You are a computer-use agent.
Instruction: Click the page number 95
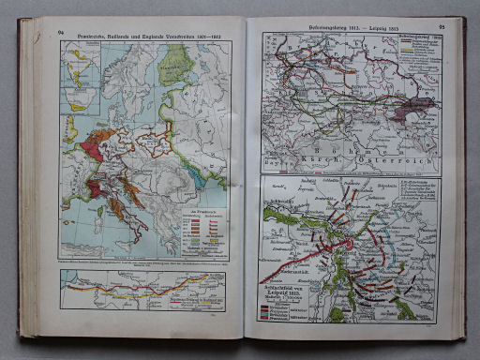[x=441, y=28]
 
